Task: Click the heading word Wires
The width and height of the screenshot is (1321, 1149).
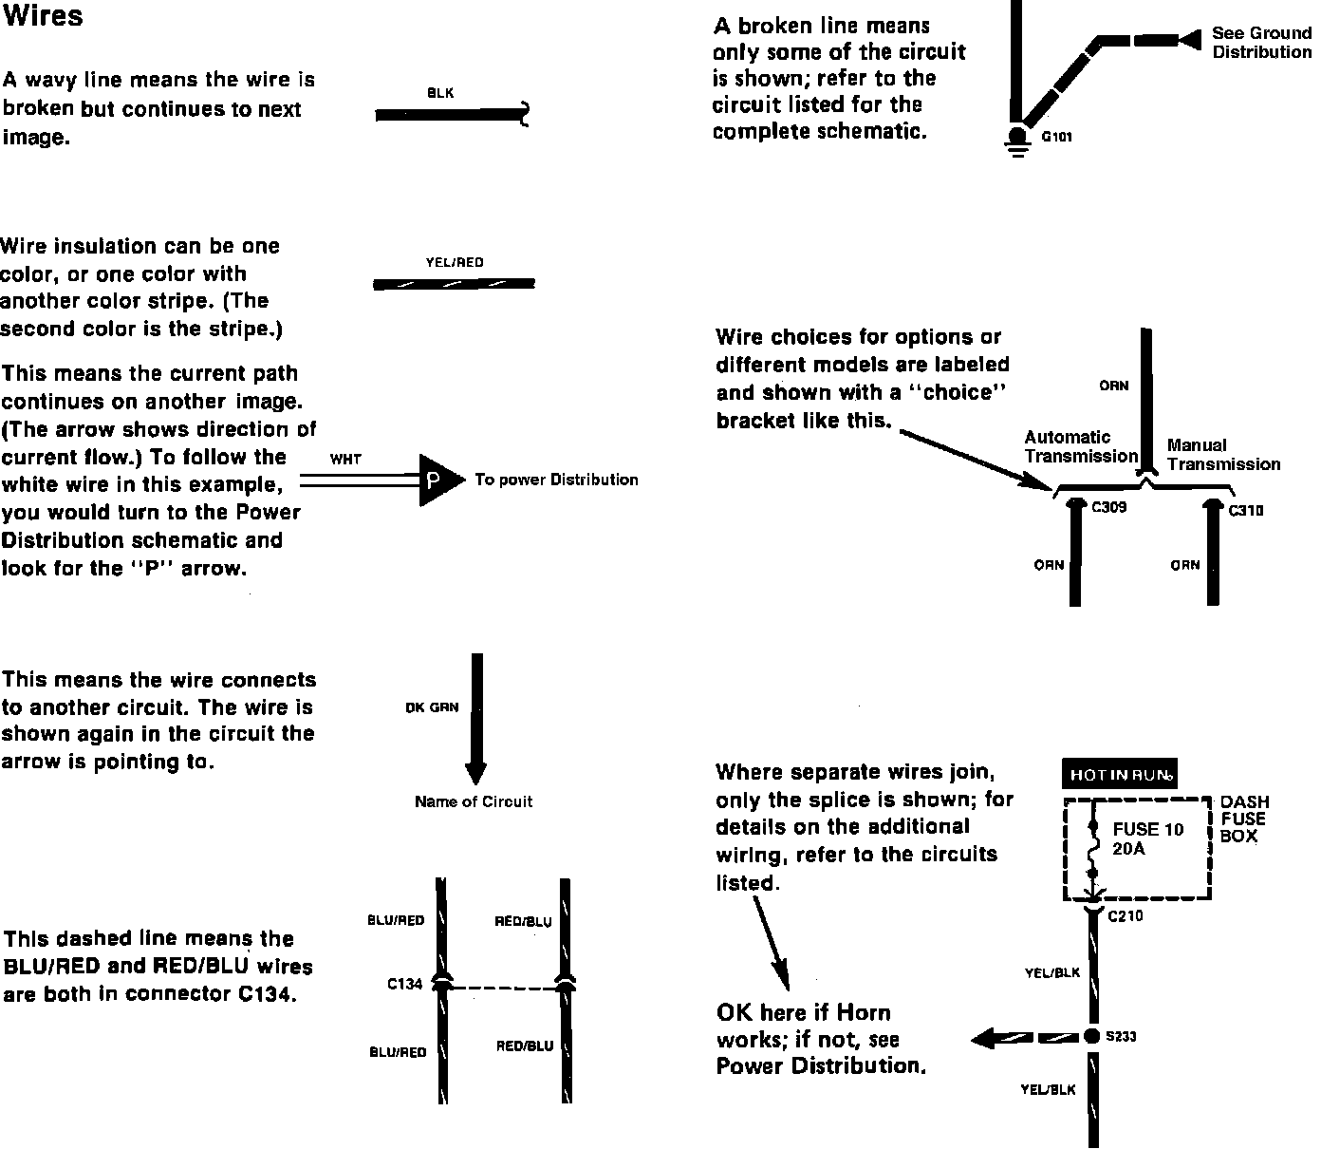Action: pos(43,16)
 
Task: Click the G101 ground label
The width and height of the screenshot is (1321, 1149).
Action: pos(1057,137)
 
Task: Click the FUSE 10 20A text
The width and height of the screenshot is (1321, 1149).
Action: pos(1147,838)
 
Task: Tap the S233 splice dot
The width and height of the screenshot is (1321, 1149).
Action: pos(1091,1036)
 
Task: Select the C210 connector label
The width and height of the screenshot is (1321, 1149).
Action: pos(1126,916)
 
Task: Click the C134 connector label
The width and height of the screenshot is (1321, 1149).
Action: pos(404,984)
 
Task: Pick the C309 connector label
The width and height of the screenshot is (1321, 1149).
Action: pos(1108,507)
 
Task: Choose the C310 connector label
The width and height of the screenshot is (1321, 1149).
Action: pos(1246,511)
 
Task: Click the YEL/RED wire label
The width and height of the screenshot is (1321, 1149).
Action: pos(455,262)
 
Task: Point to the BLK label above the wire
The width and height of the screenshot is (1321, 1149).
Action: pos(440,93)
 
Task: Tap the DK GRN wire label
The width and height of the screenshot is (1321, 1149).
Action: pos(432,707)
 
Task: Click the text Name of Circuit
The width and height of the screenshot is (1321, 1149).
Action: pos(474,801)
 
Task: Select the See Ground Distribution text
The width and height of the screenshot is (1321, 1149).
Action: pos(1260,43)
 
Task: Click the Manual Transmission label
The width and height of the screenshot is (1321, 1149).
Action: pos(1223,455)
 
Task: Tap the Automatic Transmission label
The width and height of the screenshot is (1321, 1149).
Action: pos(1081,446)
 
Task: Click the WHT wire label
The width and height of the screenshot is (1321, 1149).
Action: pos(345,459)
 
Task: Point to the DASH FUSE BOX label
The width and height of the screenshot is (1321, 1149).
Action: pos(1243,819)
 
